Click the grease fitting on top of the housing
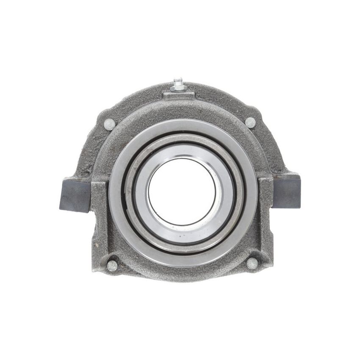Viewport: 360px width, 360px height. point(177,84)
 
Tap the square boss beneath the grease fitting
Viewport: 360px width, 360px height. point(179,96)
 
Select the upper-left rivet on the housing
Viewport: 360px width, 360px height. point(110,124)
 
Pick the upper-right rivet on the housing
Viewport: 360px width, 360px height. point(250,122)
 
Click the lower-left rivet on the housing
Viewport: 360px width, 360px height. point(112,266)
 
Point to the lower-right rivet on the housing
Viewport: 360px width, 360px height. point(252,263)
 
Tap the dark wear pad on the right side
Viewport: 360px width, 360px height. point(288,192)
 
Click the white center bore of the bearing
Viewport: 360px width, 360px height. point(182,191)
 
